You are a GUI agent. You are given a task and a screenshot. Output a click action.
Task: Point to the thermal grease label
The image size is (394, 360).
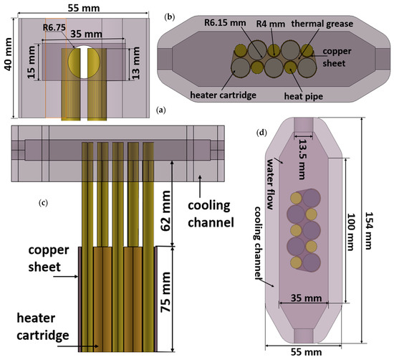coord(327,24)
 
